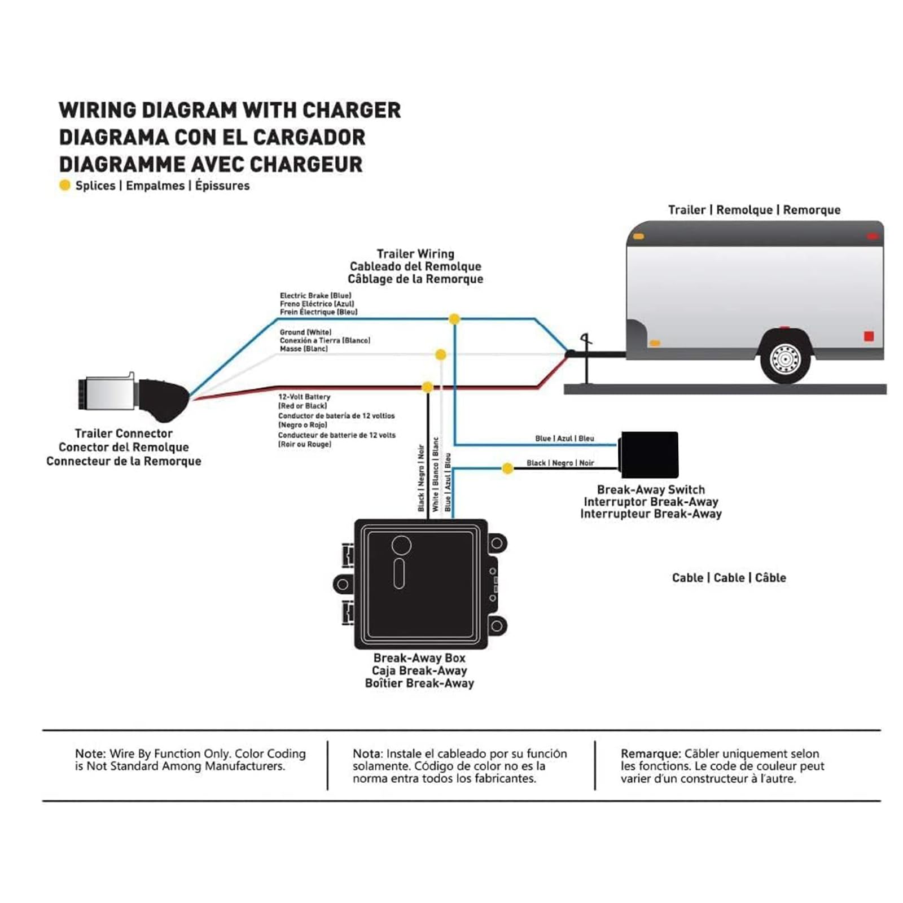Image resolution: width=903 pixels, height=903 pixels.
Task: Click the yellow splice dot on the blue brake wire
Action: point(454,319)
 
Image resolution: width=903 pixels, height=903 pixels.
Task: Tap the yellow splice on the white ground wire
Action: point(440,354)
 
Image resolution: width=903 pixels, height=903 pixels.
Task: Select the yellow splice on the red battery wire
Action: point(427,387)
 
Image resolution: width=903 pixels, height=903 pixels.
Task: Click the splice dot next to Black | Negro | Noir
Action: point(507,468)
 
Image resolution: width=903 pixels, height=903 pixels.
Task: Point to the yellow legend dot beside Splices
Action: point(65,185)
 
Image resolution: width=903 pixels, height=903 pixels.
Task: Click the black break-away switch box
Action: point(648,455)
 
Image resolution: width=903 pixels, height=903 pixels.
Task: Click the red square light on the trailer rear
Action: point(869,336)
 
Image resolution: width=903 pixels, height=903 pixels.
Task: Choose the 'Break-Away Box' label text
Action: point(419,658)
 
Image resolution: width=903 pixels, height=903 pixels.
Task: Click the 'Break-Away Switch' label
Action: point(651,489)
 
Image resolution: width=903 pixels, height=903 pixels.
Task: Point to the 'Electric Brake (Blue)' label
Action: point(315,295)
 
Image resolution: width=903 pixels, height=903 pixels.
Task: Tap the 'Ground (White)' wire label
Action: point(305,332)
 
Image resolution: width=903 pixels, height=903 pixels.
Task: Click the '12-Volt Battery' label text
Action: point(304,397)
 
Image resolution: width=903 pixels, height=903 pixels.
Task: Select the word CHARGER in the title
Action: point(352,110)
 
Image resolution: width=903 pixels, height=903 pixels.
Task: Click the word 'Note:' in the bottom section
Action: point(90,753)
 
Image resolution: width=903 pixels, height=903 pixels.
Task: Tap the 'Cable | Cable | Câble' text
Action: point(729,577)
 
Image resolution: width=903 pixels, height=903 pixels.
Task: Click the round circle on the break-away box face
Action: point(401,545)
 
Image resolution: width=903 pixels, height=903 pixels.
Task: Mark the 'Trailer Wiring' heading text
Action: point(415,254)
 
